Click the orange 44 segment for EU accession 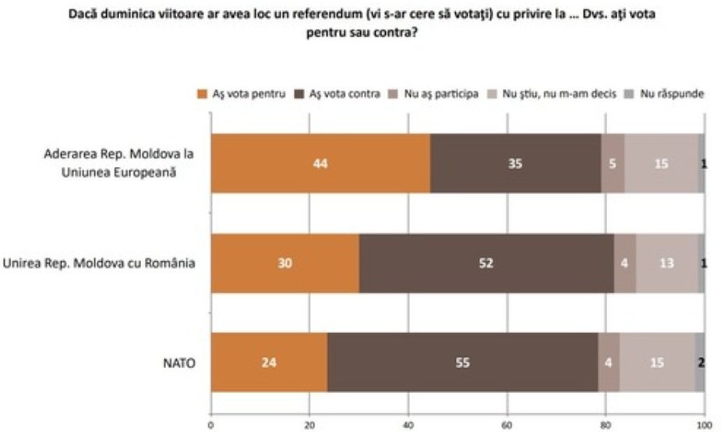pos(320,164)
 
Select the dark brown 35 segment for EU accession pos(515,164)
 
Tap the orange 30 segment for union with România pos(285,263)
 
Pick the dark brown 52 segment pos(486,263)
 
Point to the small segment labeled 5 pos(613,164)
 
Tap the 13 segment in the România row pos(666,263)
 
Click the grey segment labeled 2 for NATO pos(700,362)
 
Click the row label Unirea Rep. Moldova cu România pos(99,263)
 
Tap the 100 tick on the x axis pos(704,426)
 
